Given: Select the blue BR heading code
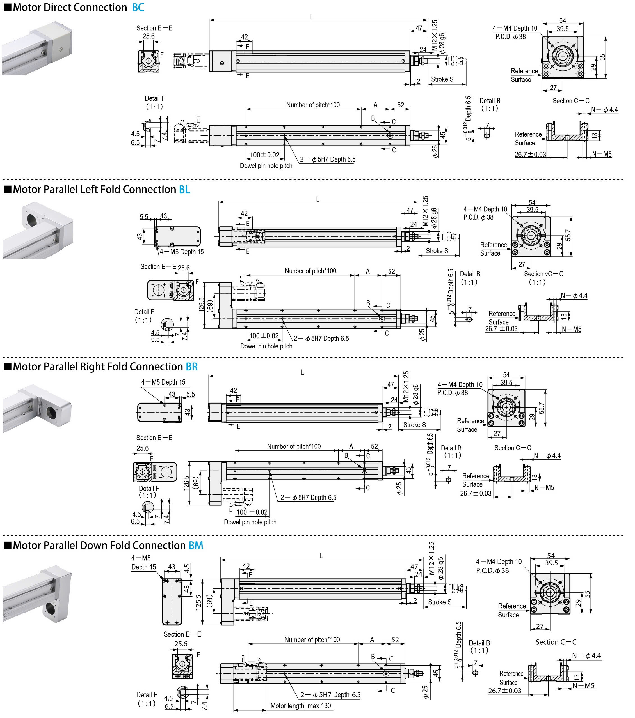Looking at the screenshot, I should point(192,367).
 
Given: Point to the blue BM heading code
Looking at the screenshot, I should point(196,546).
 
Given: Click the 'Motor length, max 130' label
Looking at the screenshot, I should point(301,706).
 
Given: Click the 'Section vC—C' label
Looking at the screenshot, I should point(543,274).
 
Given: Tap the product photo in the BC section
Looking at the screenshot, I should point(37,48).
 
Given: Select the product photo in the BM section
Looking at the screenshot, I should point(37,594).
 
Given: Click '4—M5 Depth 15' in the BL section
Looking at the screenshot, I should point(181,252).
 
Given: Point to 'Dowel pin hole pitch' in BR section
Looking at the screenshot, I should point(250,522).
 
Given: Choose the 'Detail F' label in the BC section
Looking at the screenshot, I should point(155,98).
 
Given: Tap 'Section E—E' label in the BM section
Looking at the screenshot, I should point(182,634).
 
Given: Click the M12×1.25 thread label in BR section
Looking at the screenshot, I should point(406,387).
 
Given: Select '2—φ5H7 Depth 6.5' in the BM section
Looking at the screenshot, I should point(330,695).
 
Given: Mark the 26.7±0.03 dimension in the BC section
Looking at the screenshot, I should point(530,154).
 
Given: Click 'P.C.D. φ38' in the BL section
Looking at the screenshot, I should point(478,217).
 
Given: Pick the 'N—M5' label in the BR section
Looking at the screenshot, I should point(544,487).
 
